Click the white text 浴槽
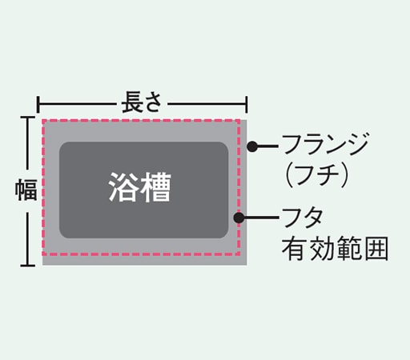(139, 187)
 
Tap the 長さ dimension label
(142, 102)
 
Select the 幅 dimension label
(26, 190)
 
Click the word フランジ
(325, 144)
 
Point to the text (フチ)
(316, 174)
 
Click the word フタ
(303, 218)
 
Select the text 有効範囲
(335, 249)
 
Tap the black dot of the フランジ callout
(252, 146)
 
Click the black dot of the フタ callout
(239, 218)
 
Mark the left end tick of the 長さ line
(38, 105)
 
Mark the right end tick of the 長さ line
(247, 105)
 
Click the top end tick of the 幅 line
(28, 117)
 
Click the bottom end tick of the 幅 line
(28, 265)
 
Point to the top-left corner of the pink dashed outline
(43, 121)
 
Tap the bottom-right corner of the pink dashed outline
(239, 254)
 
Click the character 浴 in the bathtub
(123, 187)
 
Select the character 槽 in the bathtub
(156, 187)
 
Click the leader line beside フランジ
(267, 146)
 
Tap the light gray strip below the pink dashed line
(144, 261)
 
